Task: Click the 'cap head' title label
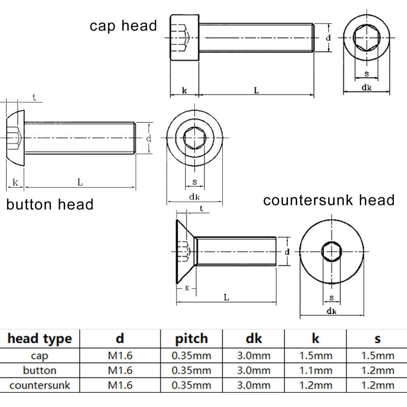coord(124,26)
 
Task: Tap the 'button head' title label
coord(50,205)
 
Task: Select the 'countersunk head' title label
coord(329,200)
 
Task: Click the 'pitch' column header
coord(192,338)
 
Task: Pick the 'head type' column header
coord(40,338)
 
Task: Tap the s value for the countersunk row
coord(377,385)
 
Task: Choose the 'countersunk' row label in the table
coord(40,385)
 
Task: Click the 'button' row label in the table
coord(40,370)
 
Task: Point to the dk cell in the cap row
coord(254,355)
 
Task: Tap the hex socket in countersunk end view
coord(332,251)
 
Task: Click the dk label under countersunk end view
coord(332,311)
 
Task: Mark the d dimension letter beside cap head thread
coord(329,38)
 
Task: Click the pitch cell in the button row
coord(192,370)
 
